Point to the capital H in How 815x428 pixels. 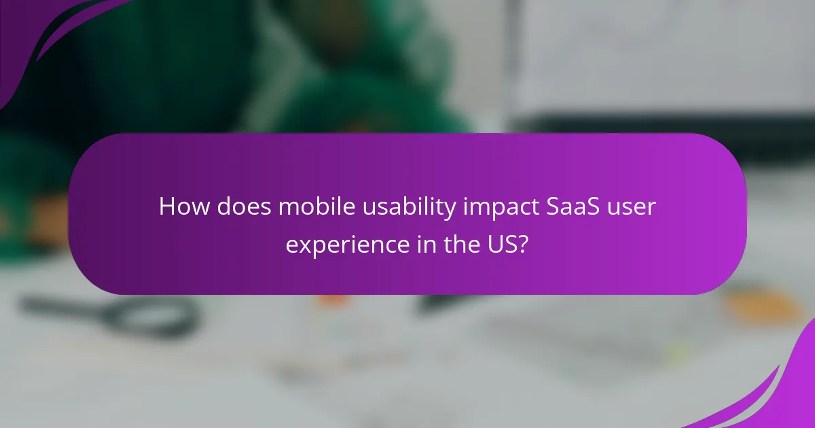166,207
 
